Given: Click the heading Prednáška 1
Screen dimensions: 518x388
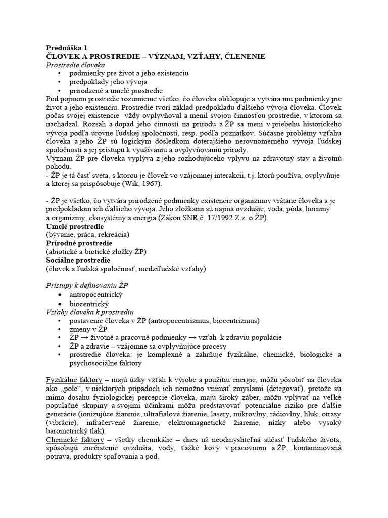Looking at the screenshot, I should [67, 47].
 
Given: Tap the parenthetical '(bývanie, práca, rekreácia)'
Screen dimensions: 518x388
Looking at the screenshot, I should [87, 235].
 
